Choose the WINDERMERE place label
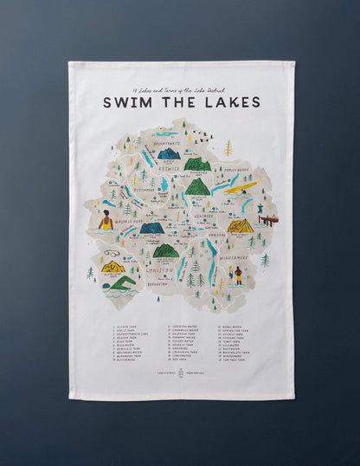[235, 258]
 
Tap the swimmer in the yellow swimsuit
[106, 223]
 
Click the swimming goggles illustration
[112, 254]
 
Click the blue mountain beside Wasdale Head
[152, 228]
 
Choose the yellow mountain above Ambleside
[241, 226]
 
